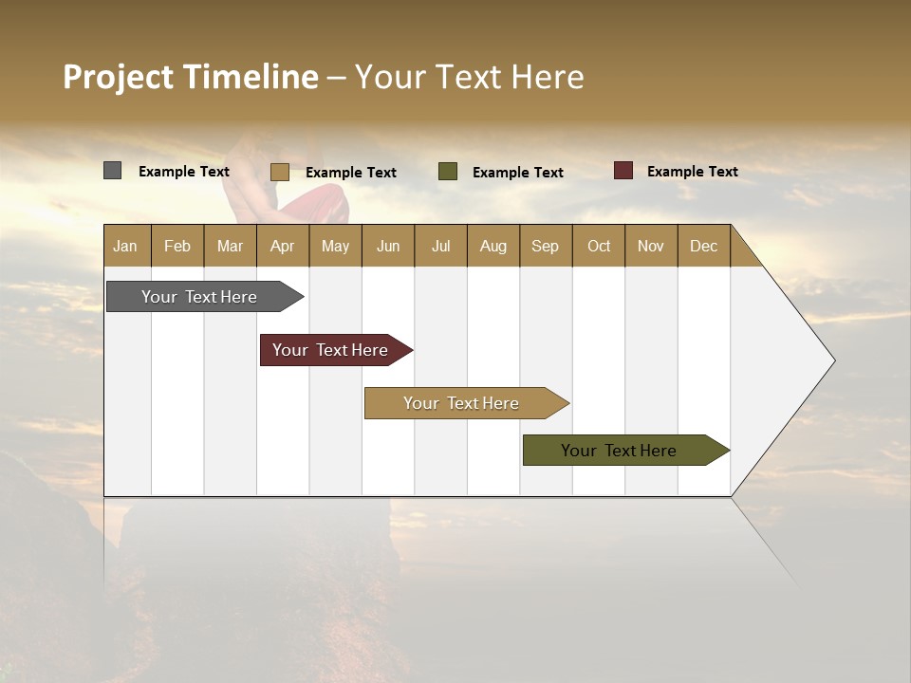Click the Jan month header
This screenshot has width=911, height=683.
(126, 246)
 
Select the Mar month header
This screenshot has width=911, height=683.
(230, 246)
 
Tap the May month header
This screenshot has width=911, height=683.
(335, 246)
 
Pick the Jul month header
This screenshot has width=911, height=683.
(440, 246)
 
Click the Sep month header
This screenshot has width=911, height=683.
(545, 246)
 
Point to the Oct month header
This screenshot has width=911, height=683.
(599, 246)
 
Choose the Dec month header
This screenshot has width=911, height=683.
(703, 246)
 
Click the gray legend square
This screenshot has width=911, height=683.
(112, 171)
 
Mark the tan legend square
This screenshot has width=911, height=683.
(279, 172)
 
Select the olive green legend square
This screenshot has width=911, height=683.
(448, 172)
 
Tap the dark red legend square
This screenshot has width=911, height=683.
(623, 171)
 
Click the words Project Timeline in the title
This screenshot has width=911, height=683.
(191, 77)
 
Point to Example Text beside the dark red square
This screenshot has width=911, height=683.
(692, 172)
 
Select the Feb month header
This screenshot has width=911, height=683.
(177, 246)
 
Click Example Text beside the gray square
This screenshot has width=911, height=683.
(184, 172)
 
